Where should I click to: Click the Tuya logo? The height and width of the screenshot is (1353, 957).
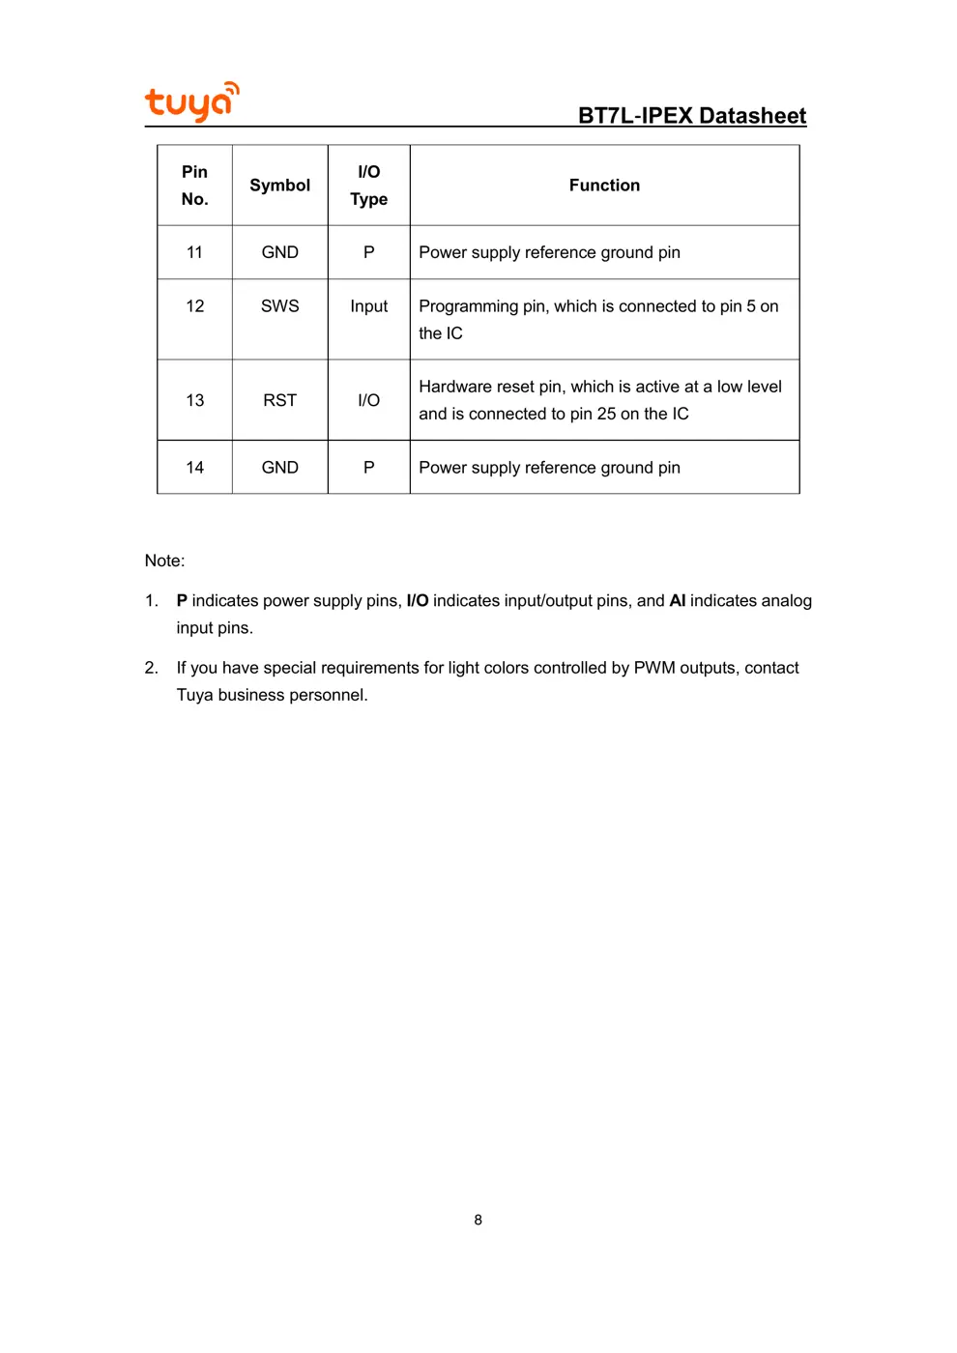(x=191, y=101)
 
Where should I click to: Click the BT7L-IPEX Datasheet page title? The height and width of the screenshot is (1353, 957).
(x=691, y=116)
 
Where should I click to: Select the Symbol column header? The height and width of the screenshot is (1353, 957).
(x=279, y=186)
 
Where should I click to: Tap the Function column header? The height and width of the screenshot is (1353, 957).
(x=604, y=186)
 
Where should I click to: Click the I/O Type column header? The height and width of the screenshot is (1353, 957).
(x=368, y=186)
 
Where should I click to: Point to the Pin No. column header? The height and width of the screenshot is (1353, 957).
(x=194, y=186)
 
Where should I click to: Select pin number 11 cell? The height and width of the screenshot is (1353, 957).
(x=194, y=252)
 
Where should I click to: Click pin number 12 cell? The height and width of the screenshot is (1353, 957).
(x=194, y=306)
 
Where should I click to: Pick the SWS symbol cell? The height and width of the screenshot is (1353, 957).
(x=279, y=306)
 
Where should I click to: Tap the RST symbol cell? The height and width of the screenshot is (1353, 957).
(x=279, y=400)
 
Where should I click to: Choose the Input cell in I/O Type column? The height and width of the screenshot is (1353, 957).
(x=368, y=306)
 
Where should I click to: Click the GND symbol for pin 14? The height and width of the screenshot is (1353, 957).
(x=279, y=468)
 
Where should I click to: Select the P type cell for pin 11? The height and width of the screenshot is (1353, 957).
(x=368, y=252)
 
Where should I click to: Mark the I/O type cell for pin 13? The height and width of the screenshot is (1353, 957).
(x=368, y=400)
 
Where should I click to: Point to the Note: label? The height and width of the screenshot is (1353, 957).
(x=164, y=561)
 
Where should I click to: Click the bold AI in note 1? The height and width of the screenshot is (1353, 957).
(x=677, y=601)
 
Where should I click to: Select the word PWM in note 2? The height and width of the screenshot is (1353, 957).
(x=654, y=668)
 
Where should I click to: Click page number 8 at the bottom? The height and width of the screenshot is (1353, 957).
(x=478, y=1221)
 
